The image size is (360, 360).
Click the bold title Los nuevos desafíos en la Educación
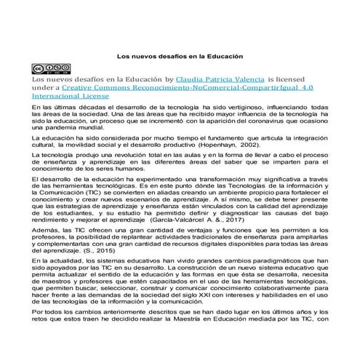(180, 55)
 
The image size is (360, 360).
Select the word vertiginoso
(231, 107)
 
